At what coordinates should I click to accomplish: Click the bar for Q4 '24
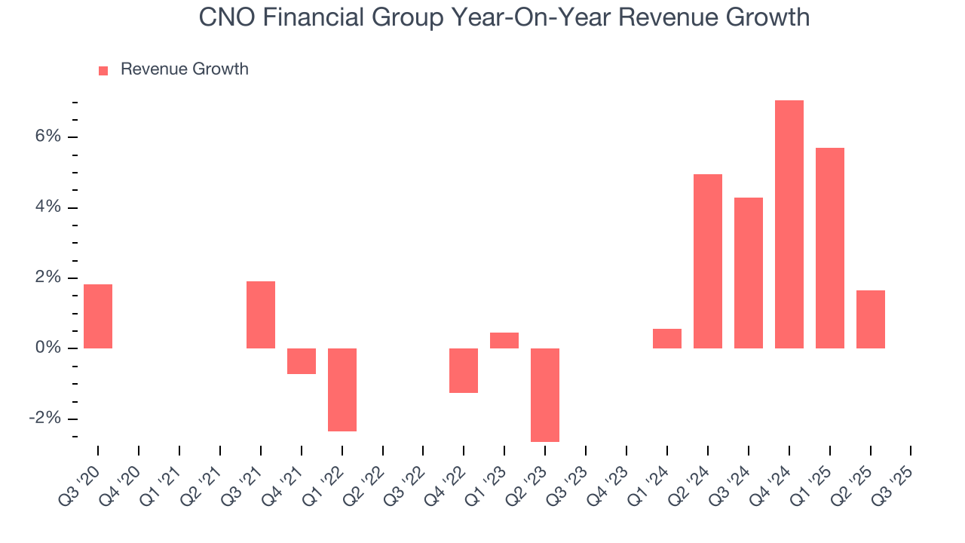pos(789,224)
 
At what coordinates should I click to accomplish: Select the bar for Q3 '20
pos(98,316)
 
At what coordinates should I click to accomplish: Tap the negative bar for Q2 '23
pos(545,394)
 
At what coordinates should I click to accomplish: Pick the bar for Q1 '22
pos(342,389)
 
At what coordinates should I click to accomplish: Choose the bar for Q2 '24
pos(708,261)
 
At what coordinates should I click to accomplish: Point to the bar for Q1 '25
pos(829,247)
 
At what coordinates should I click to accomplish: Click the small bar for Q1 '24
pos(667,339)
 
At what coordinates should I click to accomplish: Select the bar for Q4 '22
pos(464,370)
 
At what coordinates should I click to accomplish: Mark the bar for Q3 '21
pos(261,314)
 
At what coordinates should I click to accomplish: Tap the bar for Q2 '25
pos(870,319)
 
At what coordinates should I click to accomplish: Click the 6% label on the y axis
pos(46,137)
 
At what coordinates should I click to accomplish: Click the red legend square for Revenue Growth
pos(103,70)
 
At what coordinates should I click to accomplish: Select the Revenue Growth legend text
pos(184,69)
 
